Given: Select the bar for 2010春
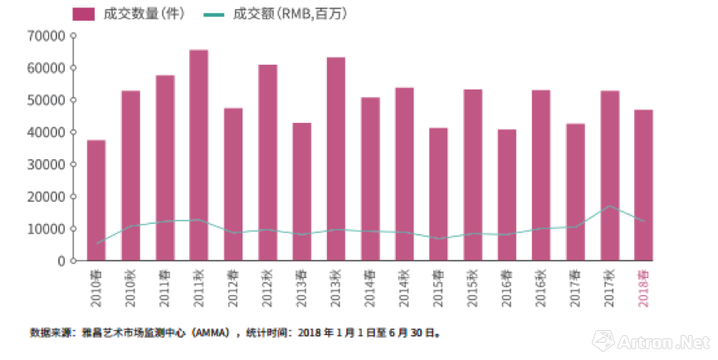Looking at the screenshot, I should pos(96,200).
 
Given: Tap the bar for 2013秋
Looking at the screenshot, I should pos(335,158).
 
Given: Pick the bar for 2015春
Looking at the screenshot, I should pos(438,194).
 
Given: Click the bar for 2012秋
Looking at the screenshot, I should pos(267,163).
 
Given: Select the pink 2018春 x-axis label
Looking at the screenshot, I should pos(645,289).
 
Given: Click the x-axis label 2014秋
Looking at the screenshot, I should pos(405,289).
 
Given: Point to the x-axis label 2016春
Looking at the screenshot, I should pos(508,289).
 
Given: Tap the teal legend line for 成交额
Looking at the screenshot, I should pos(214,14).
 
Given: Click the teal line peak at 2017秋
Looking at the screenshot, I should pos(609,206).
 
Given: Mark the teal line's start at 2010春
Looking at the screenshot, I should pos(96,244).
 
